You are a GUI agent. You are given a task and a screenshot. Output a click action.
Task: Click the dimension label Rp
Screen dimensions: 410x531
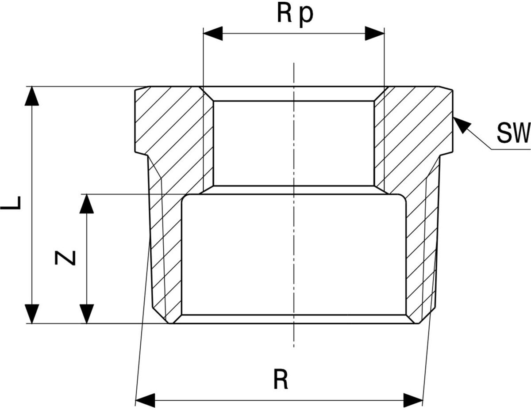coord(295,14)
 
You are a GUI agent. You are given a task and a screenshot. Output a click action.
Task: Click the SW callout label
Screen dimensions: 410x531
coord(512,133)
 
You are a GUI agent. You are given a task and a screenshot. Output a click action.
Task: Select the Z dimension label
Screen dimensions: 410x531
coord(65,258)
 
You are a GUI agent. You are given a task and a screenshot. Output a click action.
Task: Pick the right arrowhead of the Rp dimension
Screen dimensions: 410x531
coord(374,34)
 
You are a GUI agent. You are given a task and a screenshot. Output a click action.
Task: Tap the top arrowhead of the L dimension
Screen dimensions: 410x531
coord(31,96)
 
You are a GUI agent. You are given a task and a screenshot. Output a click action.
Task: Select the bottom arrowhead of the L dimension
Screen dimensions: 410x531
coord(31,314)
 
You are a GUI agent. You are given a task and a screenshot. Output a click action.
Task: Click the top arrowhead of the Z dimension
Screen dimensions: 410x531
coord(87,204)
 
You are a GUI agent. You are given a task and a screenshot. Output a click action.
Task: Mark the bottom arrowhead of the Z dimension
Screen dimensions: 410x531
coord(87,314)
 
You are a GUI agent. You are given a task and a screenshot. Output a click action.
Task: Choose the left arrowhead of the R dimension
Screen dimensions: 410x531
coord(145,400)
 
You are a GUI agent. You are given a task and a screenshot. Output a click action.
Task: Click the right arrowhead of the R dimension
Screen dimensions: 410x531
coord(413,400)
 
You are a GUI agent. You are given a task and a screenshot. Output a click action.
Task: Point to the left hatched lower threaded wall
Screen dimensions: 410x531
coord(166,252)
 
